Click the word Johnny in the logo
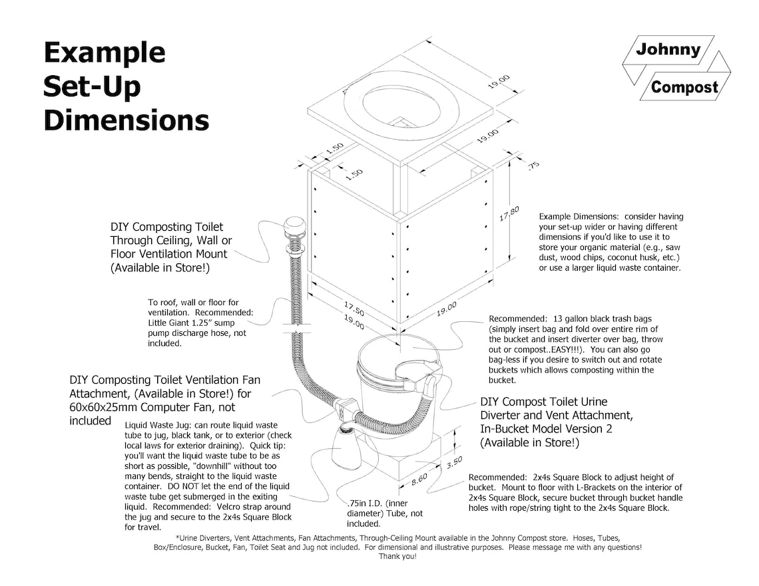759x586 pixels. [x=668, y=50]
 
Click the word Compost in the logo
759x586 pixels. [x=684, y=87]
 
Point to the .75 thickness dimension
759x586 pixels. [x=532, y=166]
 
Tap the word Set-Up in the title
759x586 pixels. [x=92, y=86]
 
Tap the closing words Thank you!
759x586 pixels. [x=397, y=556]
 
